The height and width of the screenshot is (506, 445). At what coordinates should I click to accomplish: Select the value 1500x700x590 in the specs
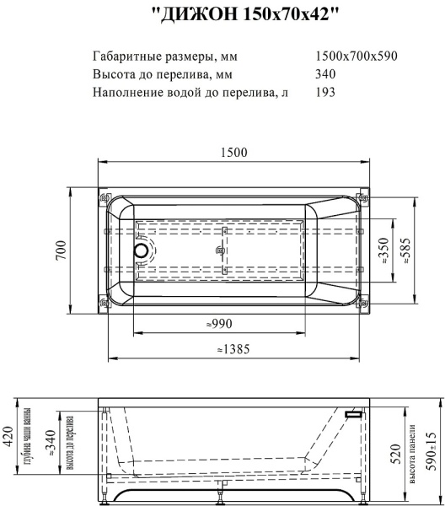point(356,57)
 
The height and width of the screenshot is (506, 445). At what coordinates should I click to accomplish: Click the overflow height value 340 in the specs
point(324,74)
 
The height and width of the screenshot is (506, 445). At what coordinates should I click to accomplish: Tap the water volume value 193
point(324,92)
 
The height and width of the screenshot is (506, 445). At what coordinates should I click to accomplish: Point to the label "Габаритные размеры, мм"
point(164,57)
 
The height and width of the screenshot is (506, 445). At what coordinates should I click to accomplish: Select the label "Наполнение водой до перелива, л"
point(190,92)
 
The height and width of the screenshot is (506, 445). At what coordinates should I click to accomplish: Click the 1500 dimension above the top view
point(233,153)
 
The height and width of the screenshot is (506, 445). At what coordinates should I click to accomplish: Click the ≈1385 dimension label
point(232,347)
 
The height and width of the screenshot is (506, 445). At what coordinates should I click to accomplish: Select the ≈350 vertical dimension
point(383,250)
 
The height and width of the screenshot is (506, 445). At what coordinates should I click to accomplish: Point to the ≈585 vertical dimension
point(407,250)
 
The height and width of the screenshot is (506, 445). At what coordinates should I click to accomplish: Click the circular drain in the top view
point(140,250)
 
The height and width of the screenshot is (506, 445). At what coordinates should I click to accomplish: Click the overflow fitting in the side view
point(352,414)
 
